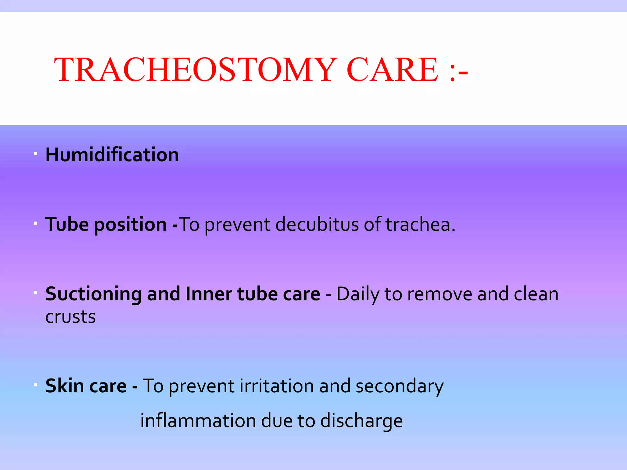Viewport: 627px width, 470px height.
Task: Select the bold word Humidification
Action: (112, 155)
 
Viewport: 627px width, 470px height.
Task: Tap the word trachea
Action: (420, 224)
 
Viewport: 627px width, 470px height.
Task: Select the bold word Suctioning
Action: (93, 294)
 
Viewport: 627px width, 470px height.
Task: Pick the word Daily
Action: (358, 294)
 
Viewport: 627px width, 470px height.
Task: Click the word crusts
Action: (70, 317)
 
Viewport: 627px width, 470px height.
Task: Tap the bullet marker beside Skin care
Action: (36, 384)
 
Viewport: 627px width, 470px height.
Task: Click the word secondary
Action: (399, 386)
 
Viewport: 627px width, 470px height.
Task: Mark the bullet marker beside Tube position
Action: (36, 223)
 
